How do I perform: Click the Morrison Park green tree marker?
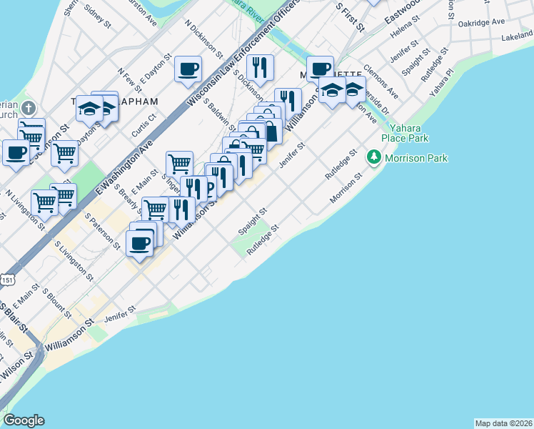pos(373,157)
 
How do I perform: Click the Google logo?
pos(24,420)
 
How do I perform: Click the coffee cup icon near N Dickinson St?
pos(188,69)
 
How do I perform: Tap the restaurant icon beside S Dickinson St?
pos(261,68)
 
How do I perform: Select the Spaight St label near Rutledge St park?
pos(252,222)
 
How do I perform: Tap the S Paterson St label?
pos(103,230)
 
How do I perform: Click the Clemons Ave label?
pos(381,82)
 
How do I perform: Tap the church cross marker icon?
pos(28,109)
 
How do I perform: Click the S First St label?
pos(351,16)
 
